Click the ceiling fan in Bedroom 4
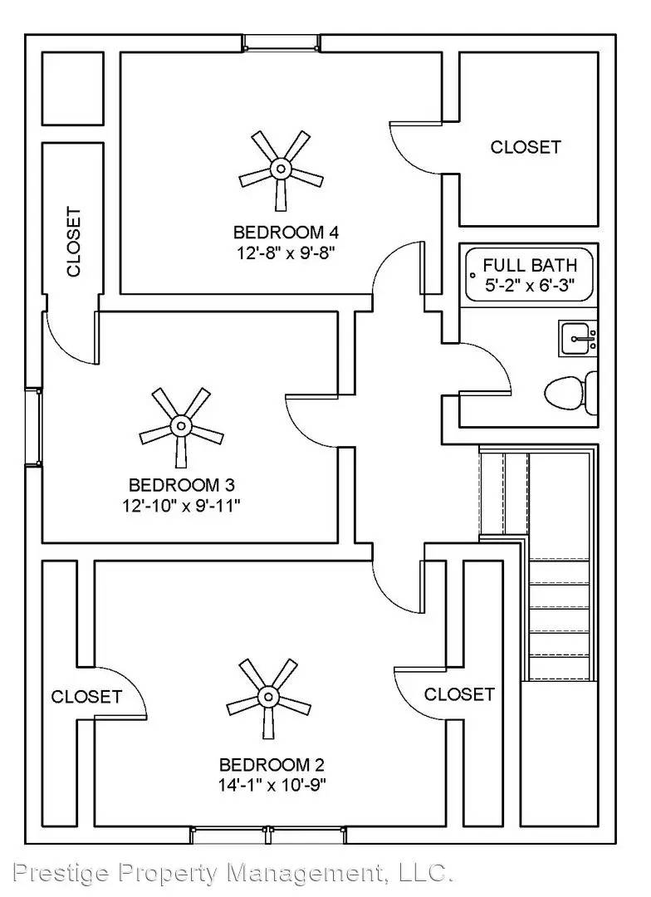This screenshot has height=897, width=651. tap(281, 169)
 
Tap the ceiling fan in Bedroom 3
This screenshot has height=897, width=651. tap(181, 427)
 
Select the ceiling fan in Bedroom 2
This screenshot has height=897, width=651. tap(267, 697)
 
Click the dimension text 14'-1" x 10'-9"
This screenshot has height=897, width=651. tap(272, 785)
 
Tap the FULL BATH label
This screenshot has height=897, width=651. tap(530, 266)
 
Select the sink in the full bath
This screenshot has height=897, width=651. tap(577, 338)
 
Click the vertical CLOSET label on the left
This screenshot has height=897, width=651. tap(74, 242)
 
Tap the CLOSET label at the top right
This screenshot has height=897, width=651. tap(526, 147)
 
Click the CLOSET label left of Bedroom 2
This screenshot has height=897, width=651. tap(86, 697)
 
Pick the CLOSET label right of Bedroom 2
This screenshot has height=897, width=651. tap(459, 694)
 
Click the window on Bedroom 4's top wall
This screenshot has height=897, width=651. tap(281, 42)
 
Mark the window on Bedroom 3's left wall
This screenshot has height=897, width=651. tap(33, 427)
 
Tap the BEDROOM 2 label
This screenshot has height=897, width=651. tap(272, 765)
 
